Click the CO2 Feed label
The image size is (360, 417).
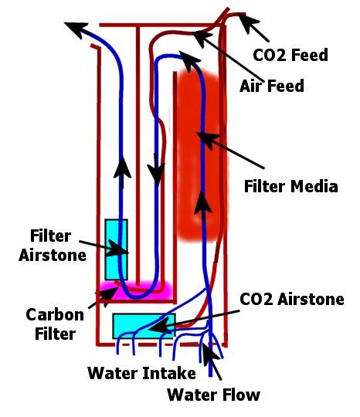[x=290, y=55]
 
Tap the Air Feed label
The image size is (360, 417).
[x=272, y=86]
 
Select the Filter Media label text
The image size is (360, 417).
[x=291, y=186]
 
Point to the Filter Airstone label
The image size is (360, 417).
[x=53, y=246]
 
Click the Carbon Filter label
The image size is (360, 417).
[x=55, y=324]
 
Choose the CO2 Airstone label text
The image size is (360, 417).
[x=292, y=299]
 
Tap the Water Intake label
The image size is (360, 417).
[x=141, y=373]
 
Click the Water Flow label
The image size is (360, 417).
[x=214, y=395]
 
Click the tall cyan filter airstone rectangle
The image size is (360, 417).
[x=116, y=249]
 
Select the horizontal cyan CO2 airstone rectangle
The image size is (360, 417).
[x=144, y=326]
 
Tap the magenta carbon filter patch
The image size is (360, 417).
[x=136, y=290]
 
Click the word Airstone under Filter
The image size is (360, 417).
[x=53, y=256]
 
